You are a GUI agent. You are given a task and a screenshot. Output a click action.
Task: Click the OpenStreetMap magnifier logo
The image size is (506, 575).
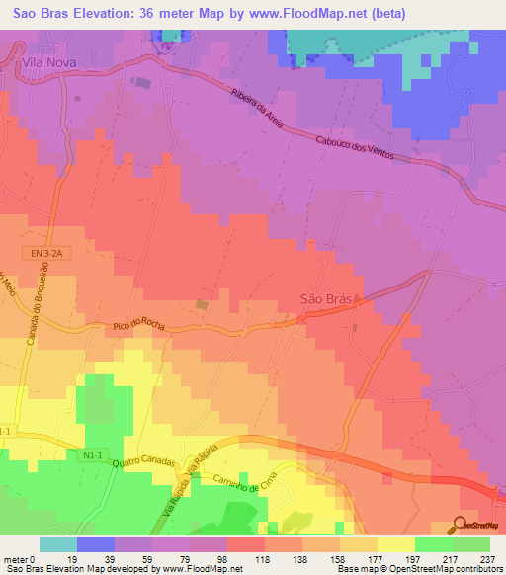tap(461, 526)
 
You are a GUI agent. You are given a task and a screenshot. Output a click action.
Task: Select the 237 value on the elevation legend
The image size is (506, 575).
tap(487, 558)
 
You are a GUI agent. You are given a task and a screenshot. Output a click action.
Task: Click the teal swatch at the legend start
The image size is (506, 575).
tap(57, 544)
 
